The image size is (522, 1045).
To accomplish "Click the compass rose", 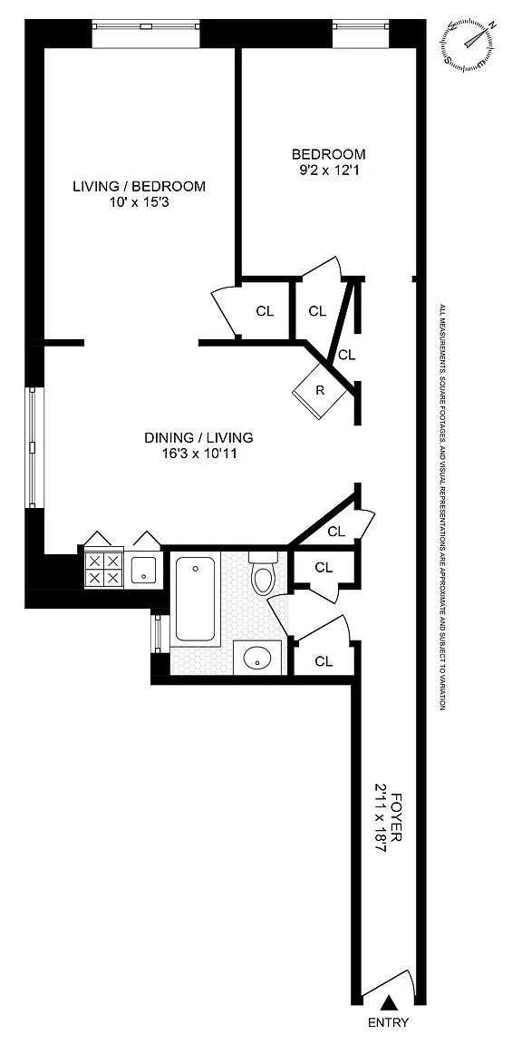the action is tap(469, 45).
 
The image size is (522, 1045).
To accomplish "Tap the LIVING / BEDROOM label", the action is tap(140, 187).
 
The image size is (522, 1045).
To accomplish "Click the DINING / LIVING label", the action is tap(199, 438).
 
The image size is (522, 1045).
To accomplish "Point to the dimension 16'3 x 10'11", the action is tap(199, 454).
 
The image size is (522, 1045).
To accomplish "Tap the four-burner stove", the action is tap(104, 569).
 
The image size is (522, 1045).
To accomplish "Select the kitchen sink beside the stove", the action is tap(143, 570).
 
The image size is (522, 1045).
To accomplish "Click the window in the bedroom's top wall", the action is tap(361, 26).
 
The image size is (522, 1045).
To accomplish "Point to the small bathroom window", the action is tap(157, 633).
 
